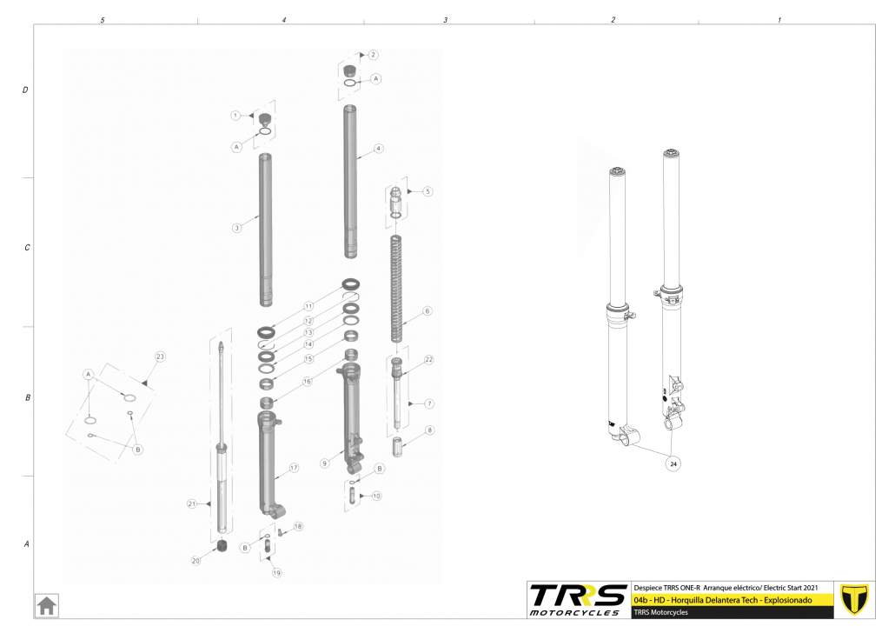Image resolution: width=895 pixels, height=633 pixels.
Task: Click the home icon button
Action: (x=47, y=605)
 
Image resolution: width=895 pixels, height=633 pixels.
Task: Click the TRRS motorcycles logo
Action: (x=577, y=600)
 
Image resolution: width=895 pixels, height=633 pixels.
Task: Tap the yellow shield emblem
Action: (x=854, y=599)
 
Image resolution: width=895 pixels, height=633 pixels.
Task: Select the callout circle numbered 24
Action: (x=673, y=464)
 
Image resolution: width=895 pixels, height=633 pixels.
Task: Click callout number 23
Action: (x=160, y=356)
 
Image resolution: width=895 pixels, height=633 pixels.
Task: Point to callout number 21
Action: (x=192, y=504)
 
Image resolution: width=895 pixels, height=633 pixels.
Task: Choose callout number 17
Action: (x=294, y=468)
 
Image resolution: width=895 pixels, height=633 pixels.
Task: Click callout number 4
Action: (x=379, y=149)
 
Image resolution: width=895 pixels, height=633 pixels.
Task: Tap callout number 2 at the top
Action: (x=374, y=55)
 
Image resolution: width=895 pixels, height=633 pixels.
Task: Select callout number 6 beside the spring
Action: (x=427, y=311)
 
